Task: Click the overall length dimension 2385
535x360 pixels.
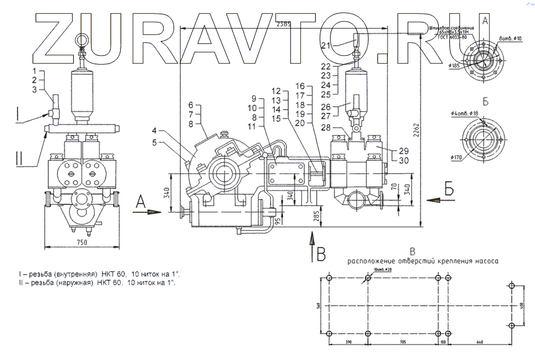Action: (x=284, y=24)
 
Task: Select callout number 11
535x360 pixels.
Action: (x=253, y=126)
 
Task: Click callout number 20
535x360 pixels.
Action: (x=300, y=123)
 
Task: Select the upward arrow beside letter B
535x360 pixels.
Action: (x=310, y=244)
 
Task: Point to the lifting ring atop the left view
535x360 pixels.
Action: (x=83, y=40)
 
